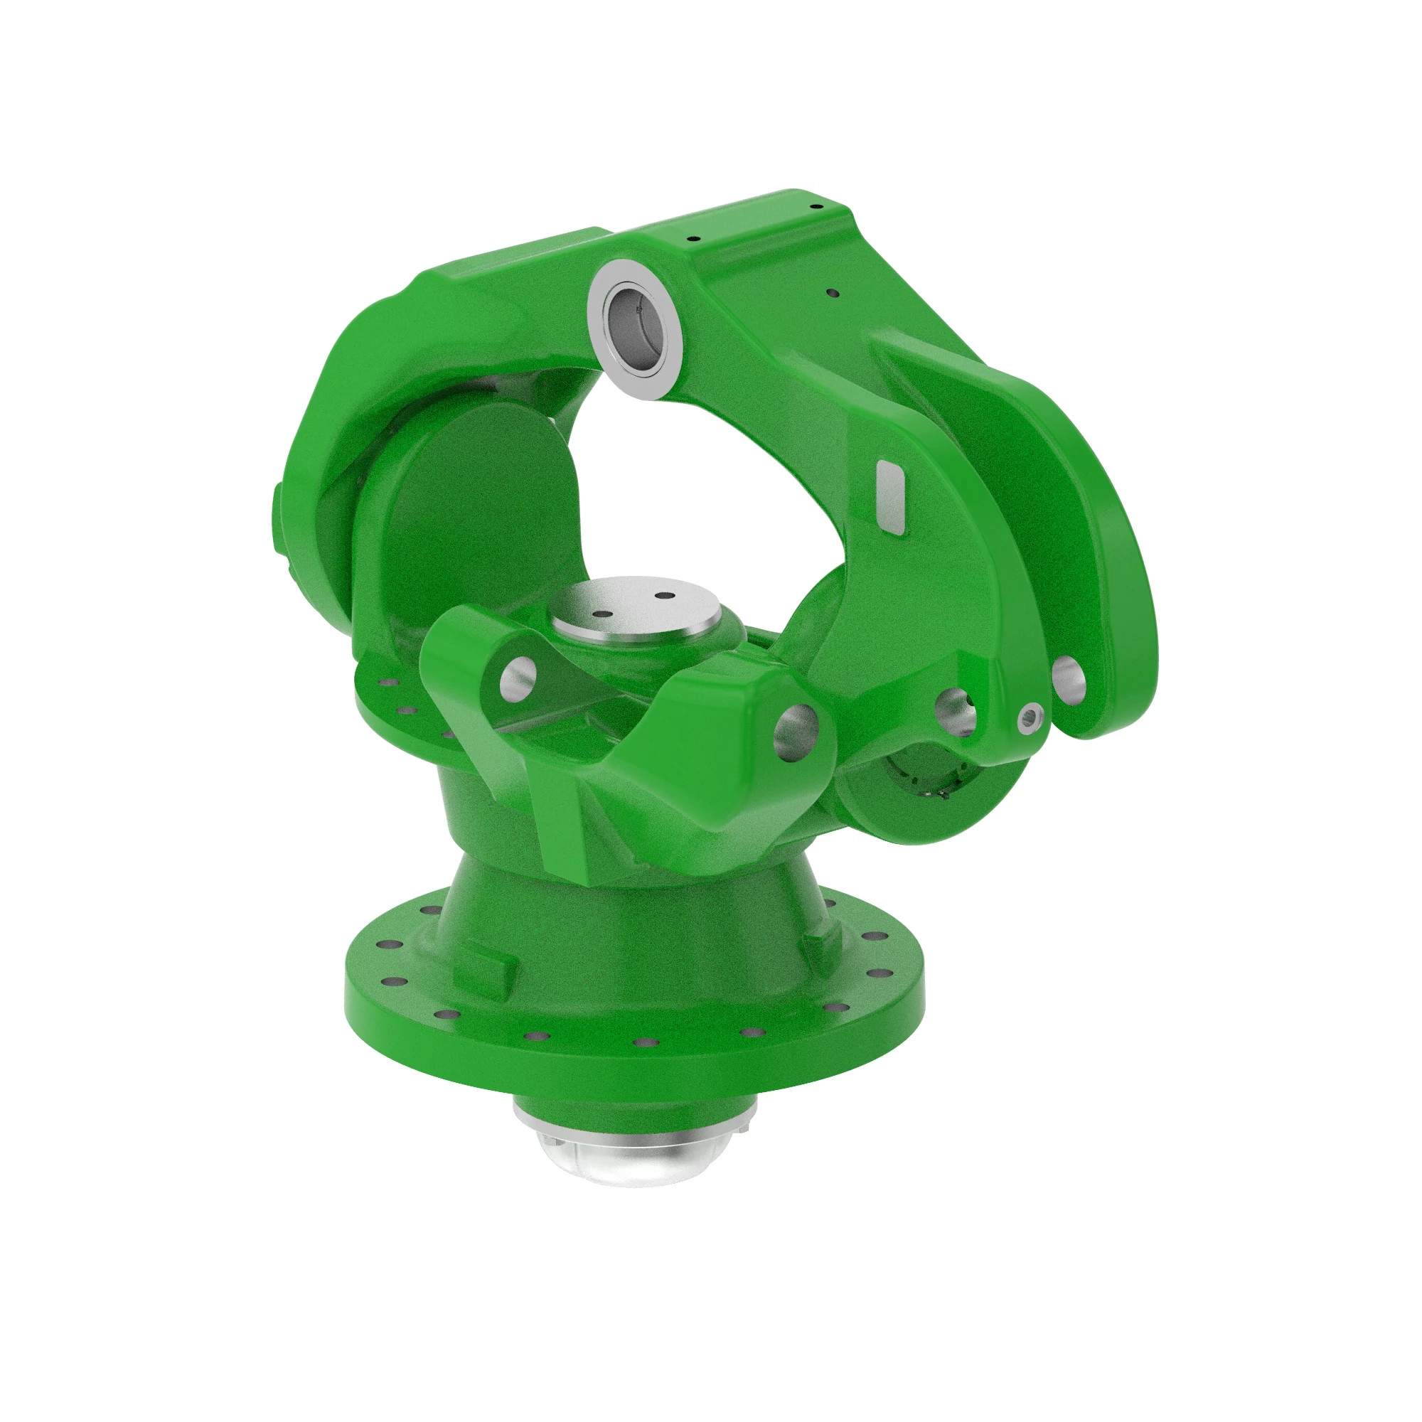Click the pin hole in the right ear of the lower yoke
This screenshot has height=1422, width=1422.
[x=796, y=729]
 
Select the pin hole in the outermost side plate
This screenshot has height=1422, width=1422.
[x=1069, y=679]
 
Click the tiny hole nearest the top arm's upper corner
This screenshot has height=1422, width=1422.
[x=815, y=207]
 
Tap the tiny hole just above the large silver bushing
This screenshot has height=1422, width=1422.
[x=692, y=238]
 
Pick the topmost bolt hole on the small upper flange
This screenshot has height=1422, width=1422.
[x=383, y=683]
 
